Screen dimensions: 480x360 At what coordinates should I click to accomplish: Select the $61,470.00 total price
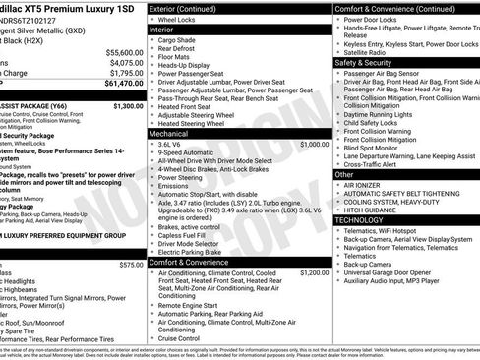124,83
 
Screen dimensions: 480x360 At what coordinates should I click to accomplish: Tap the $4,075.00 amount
126,62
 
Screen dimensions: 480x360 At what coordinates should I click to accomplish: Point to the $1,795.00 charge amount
126,73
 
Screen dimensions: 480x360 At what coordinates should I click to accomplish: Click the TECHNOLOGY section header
358,220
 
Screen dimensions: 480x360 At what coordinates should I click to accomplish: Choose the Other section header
344,174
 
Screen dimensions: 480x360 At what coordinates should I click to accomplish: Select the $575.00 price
131,265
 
